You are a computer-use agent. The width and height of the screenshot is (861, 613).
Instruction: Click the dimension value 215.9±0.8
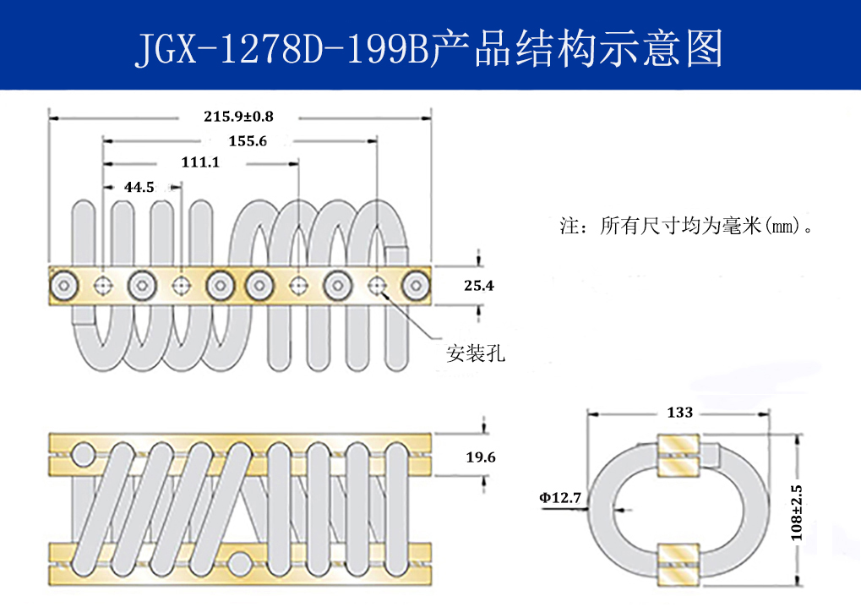239,115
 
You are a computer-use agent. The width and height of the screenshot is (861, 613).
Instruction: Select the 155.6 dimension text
248,141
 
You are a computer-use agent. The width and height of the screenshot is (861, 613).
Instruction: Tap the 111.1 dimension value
200,162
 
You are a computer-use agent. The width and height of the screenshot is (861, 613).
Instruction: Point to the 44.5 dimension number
139,187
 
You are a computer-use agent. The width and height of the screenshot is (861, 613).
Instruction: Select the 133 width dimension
679,413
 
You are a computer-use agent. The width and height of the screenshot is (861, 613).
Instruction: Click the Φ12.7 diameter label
560,497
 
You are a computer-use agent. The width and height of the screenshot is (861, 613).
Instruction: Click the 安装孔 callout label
476,353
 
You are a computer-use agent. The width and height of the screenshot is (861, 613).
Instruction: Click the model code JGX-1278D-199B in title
282,49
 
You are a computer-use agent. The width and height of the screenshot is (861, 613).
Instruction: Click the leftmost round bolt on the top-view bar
64,286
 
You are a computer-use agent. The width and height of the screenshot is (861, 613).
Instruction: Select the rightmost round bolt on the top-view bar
416,286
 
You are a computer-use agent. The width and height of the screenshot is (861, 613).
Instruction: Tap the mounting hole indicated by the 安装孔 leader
378,286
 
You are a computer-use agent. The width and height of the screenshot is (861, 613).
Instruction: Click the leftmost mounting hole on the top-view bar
103,286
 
